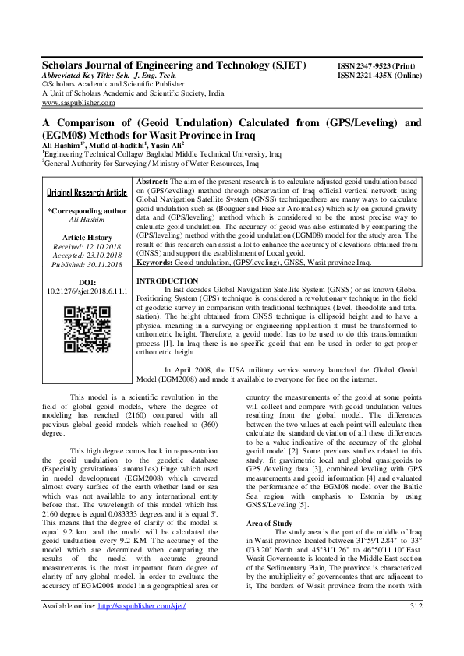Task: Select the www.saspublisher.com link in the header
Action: [x=79, y=102]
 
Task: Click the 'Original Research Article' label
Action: [x=87, y=192]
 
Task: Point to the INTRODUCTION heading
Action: [x=167, y=280]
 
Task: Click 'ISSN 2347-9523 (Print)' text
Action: [x=375, y=67]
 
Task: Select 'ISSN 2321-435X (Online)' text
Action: [x=379, y=76]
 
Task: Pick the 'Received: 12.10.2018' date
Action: [x=87, y=247]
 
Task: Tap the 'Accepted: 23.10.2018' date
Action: [x=87, y=256]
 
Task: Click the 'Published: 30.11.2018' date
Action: [x=87, y=266]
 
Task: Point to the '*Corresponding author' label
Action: [x=87, y=210]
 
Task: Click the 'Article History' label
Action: [x=87, y=237]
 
